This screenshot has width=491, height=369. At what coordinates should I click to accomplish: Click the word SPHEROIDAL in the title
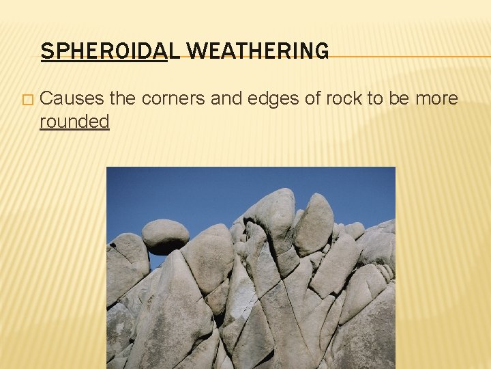click(104, 51)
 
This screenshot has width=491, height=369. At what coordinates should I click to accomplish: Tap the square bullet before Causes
click(27, 100)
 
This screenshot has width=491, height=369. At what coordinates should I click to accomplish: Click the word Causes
click(72, 98)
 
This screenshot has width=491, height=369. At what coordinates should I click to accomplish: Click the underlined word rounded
click(74, 122)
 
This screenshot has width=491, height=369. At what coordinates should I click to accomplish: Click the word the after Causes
click(123, 98)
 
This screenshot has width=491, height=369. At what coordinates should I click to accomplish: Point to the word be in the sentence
click(398, 98)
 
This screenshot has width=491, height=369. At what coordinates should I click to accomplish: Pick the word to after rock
click(374, 98)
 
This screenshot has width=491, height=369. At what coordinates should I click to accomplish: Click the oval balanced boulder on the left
click(164, 234)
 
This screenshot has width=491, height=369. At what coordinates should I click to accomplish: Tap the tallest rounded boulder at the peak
click(273, 212)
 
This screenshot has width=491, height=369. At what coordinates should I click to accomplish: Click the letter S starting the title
click(46, 51)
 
